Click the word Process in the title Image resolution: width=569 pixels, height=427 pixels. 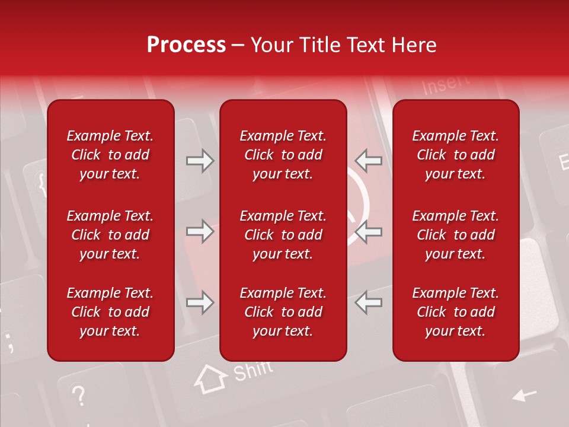point(186,45)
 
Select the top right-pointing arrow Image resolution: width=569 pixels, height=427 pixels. point(200,161)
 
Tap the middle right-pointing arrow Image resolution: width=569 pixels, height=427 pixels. point(200,231)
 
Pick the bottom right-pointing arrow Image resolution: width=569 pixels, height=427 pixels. point(200,302)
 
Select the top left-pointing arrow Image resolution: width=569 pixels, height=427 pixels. point(368,161)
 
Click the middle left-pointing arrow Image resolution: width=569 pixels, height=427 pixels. point(368,231)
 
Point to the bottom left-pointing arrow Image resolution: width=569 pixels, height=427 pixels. point(368,302)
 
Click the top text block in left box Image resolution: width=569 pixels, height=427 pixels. point(110,155)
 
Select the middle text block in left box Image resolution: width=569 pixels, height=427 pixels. point(110,235)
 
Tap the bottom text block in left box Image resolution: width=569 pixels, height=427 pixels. point(110,312)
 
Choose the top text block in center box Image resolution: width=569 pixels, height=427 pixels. point(283,155)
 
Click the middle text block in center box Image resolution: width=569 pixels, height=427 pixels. point(283,235)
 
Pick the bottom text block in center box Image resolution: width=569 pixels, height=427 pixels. point(283,312)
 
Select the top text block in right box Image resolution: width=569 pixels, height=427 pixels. point(455,155)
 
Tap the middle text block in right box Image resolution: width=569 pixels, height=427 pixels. point(455,235)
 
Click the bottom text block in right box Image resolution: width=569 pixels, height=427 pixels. point(455,312)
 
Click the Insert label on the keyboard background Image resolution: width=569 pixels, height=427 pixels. point(446,84)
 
